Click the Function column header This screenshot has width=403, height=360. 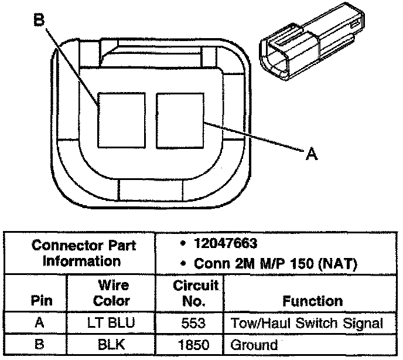pos(312,301)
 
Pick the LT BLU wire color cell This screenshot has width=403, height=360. pos(111,323)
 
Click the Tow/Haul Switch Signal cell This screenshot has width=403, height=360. pos(307,323)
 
